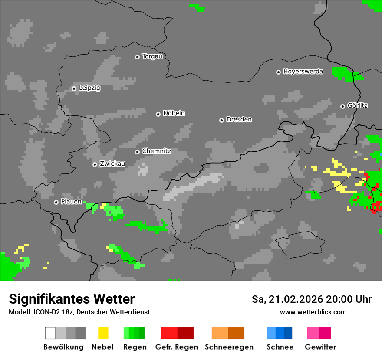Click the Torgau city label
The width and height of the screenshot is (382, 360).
[152, 56]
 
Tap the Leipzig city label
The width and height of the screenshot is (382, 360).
[89, 88]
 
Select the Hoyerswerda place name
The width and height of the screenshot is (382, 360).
[303, 72]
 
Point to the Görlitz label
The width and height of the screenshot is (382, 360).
[358, 106]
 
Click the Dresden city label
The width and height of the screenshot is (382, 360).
[239, 120]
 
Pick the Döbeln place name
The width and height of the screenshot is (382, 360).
[174, 114]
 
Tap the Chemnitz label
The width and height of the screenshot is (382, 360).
[156, 151]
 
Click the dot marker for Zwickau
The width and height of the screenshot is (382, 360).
[95, 164]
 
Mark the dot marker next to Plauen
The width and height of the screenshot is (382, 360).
[56, 202]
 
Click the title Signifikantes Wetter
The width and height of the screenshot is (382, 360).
[72, 299]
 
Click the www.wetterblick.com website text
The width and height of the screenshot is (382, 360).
[313, 312]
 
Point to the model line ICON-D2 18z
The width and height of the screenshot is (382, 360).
[79, 312]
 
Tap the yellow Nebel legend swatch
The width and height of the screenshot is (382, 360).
[103, 333]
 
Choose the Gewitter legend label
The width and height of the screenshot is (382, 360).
[320, 347]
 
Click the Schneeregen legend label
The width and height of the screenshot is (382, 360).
[229, 347]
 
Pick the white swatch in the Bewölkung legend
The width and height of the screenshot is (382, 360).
[50, 333]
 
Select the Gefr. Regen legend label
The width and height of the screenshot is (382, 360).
[177, 347]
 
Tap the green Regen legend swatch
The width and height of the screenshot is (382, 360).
[134, 333]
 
